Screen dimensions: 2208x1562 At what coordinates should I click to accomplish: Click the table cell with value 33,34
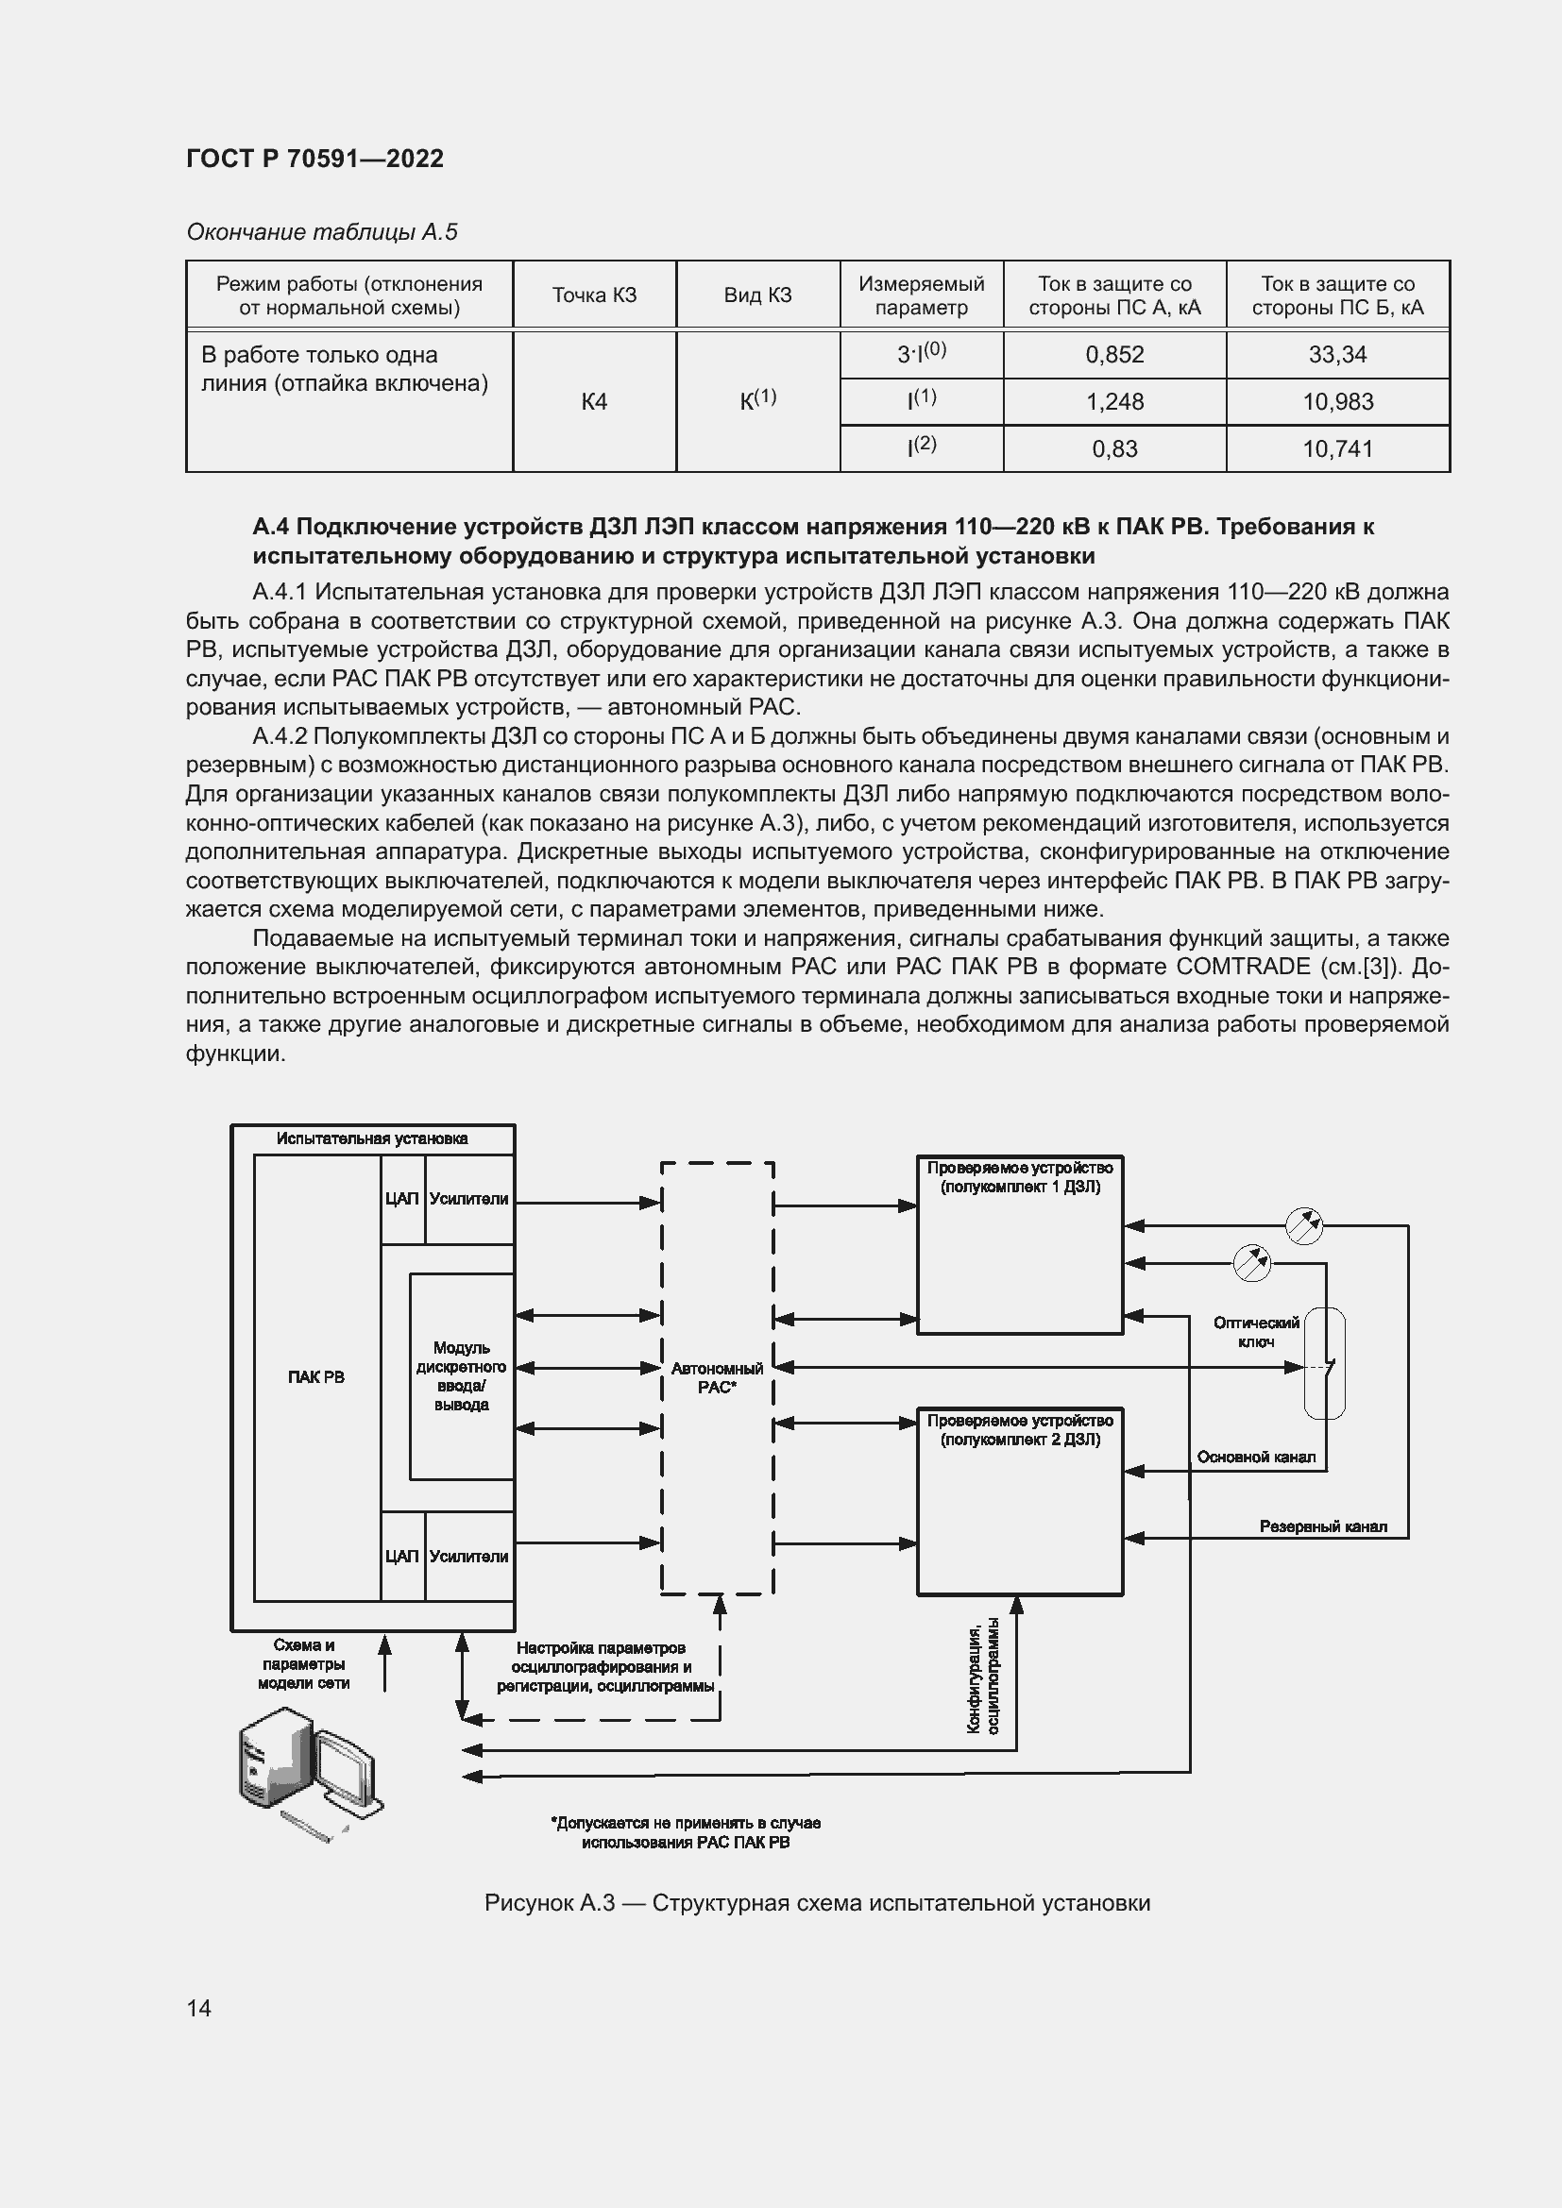pyautogui.click(x=1337, y=355)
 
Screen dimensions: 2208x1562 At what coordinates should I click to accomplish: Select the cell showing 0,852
pyautogui.click(x=1113, y=355)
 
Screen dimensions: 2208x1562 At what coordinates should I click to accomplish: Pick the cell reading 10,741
pyautogui.click(x=1337, y=449)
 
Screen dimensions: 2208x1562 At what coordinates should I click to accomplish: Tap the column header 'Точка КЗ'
pyautogui.click(x=594, y=295)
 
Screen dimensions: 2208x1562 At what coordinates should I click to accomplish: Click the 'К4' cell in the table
pyautogui.click(x=594, y=402)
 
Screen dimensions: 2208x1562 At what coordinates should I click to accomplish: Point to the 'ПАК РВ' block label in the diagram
pyautogui.click(x=315, y=1377)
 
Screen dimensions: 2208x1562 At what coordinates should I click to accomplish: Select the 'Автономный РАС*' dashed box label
pyautogui.click(x=717, y=1377)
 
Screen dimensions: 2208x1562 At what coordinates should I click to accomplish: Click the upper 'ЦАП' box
pyautogui.click(x=402, y=1199)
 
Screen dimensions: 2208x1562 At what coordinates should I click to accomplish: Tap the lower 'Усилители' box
pyautogui.click(x=468, y=1556)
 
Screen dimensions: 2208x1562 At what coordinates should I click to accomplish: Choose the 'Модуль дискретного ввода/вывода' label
pyautogui.click(x=461, y=1376)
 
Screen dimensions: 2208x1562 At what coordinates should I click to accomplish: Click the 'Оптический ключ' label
pyautogui.click(x=1256, y=1332)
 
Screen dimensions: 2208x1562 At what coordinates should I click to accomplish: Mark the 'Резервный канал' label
pyautogui.click(x=1322, y=1527)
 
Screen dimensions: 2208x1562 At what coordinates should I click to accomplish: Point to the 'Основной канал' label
pyautogui.click(x=1256, y=1457)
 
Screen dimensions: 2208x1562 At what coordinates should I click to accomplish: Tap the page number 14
pyautogui.click(x=199, y=2008)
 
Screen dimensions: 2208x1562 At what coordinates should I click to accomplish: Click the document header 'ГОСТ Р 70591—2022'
pyautogui.click(x=315, y=159)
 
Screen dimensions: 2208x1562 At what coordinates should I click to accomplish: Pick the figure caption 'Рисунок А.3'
pyautogui.click(x=817, y=1903)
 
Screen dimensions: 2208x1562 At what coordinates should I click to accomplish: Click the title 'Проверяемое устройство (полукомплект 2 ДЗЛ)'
pyautogui.click(x=1020, y=1430)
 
